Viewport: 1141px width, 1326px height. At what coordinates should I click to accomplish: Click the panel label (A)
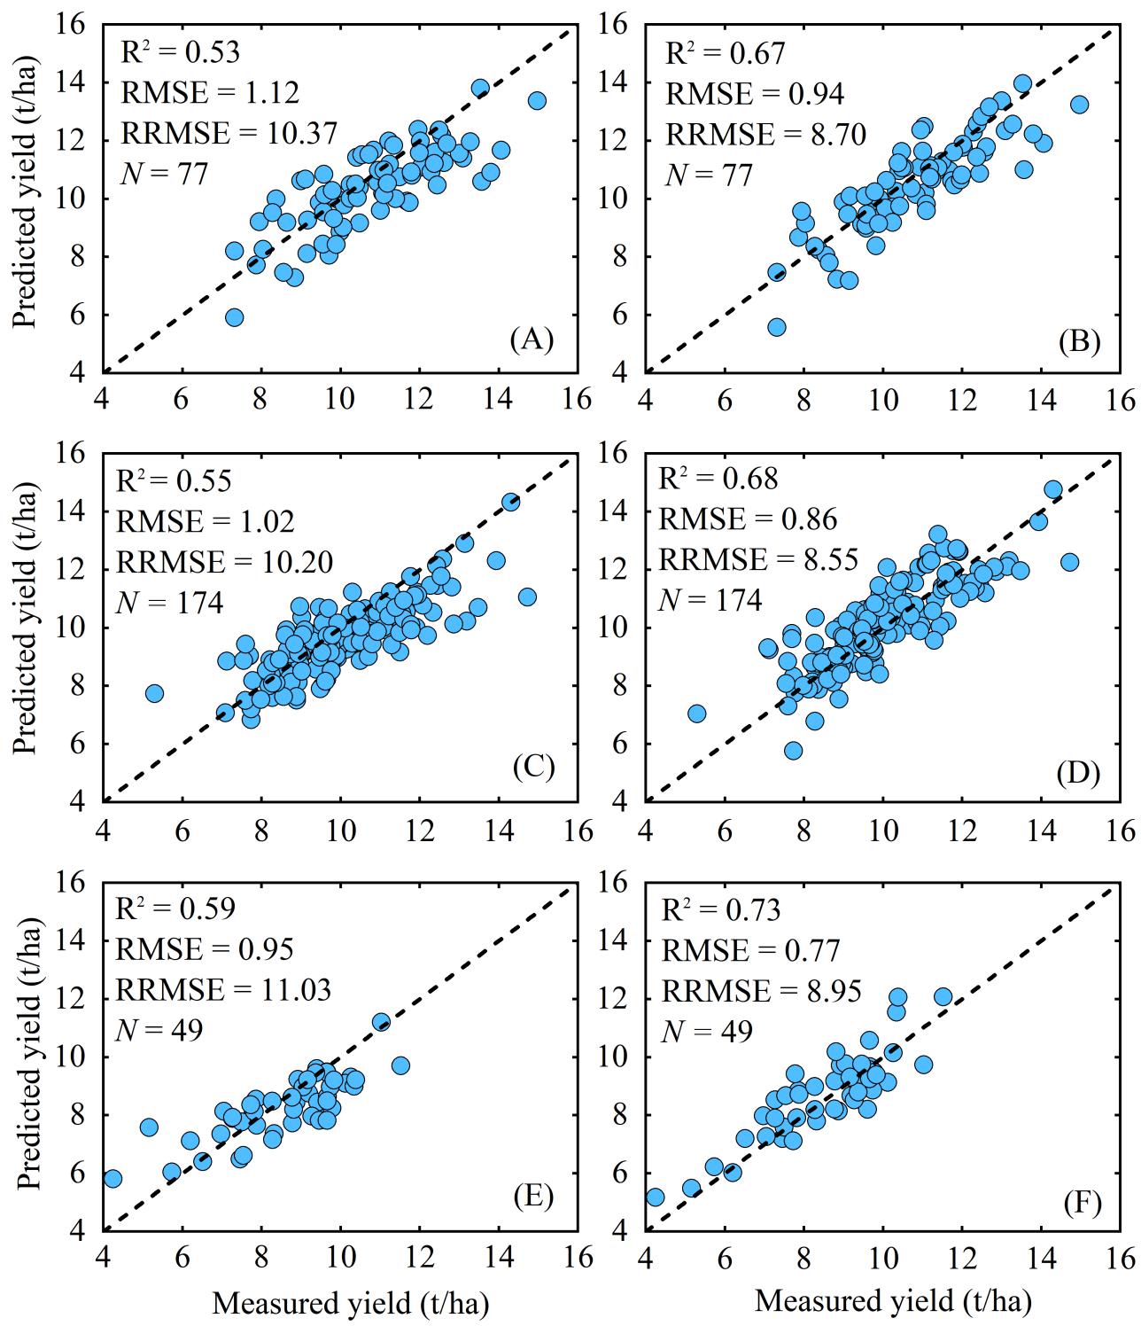(532, 339)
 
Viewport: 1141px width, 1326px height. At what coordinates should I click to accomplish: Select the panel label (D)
(1077, 774)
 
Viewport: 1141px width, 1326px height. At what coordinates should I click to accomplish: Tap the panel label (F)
(1077, 1204)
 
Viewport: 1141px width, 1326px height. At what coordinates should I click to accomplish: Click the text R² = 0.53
(180, 52)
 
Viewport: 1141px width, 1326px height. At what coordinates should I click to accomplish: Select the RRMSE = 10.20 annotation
(225, 561)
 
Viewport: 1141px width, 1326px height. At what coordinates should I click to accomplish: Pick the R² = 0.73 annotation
(722, 910)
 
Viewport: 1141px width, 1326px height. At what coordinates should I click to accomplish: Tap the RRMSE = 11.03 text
(225, 989)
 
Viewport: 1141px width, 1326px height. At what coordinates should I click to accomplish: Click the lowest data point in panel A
(234, 317)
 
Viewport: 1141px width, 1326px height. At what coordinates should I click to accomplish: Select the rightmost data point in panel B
(1079, 105)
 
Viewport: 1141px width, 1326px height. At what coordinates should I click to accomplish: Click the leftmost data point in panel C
(154, 693)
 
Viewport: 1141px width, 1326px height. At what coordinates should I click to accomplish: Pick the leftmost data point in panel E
(113, 1179)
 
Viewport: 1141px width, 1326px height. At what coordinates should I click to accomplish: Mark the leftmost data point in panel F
(655, 1197)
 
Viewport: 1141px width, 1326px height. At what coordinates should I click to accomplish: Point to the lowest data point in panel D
(793, 751)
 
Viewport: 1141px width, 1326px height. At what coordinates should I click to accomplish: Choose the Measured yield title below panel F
(893, 1300)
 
